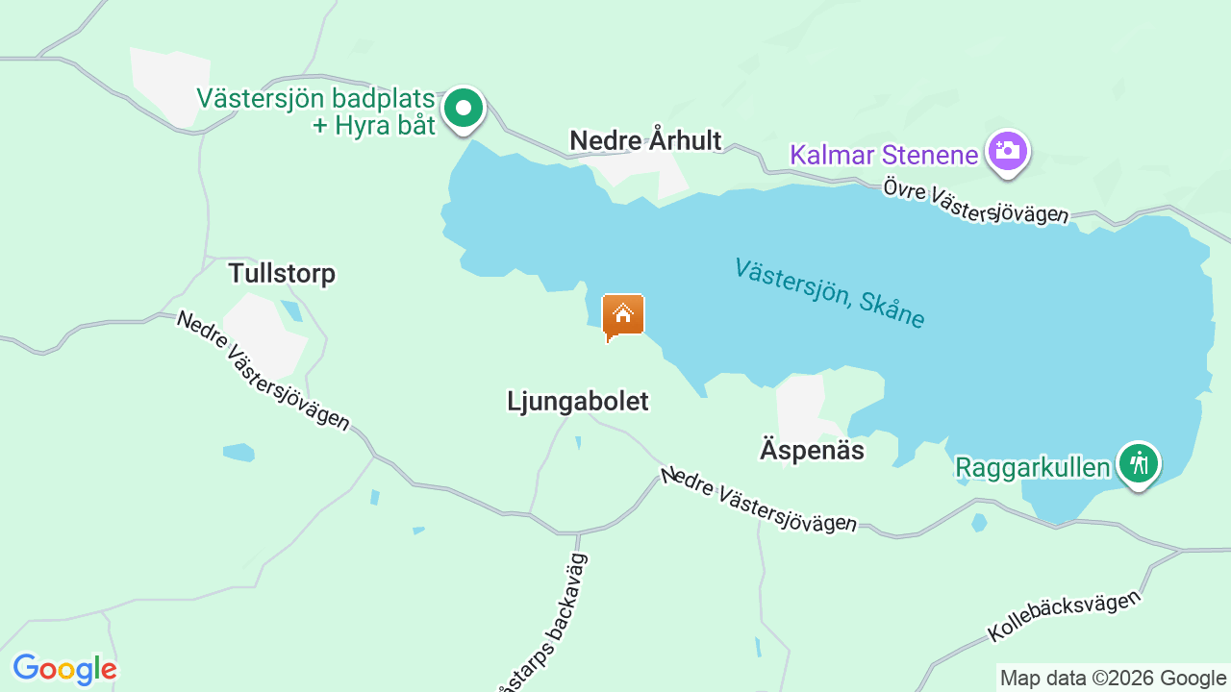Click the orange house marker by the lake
tap(623, 315)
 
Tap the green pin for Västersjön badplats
tap(464, 108)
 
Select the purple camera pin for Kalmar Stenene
tap(1007, 151)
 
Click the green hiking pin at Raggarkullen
tap(1139, 464)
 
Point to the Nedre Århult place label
tap(645, 140)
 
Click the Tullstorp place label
tap(282, 273)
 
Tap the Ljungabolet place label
tap(577, 401)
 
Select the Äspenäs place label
tap(812, 450)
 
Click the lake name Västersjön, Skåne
tap(829, 293)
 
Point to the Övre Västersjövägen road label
tap(975, 201)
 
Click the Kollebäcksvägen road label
tap(1064, 616)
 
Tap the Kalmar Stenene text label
tap(884, 154)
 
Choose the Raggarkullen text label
tap(1032, 468)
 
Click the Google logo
tap(64, 669)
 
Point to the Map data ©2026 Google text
tap(1113, 678)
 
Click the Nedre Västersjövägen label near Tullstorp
tap(263, 370)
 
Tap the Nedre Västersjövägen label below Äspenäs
tap(758, 500)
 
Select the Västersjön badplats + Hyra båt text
tap(317, 111)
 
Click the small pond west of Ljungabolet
tap(239, 452)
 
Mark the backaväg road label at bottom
tap(544, 625)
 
